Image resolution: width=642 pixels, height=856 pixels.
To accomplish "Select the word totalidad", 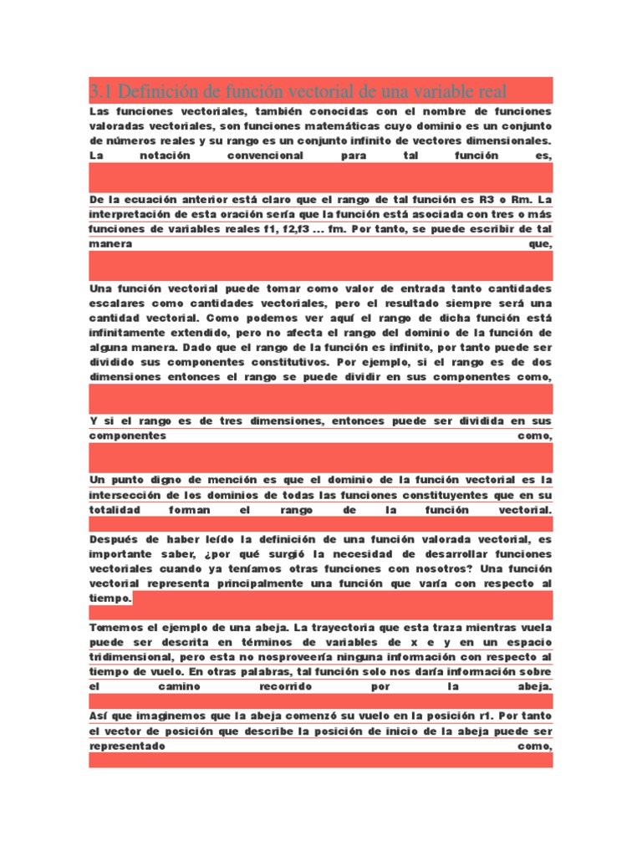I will pyautogui.click(x=115, y=509).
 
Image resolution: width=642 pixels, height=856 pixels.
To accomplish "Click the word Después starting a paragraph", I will pyautogui.click(x=115, y=539).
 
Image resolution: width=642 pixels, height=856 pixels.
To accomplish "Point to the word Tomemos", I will pyautogui.click(x=115, y=627).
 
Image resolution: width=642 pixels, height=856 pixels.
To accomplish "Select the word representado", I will pyautogui.click(x=127, y=746).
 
